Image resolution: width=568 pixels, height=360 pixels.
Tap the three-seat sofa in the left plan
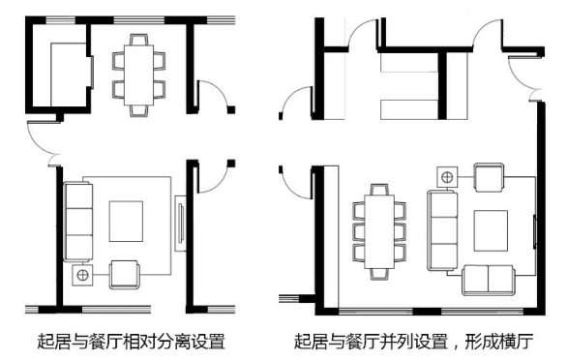click(x=76, y=220)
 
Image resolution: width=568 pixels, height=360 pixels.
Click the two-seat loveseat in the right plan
click(x=489, y=279)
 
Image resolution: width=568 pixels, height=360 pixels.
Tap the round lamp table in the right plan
click(x=446, y=178)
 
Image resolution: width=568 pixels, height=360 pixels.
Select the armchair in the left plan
click(x=125, y=275)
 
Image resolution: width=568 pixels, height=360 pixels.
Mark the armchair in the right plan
click(x=489, y=177)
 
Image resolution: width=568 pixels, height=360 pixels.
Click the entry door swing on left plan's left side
click(x=44, y=144)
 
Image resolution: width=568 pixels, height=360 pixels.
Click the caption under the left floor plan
click(x=133, y=341)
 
